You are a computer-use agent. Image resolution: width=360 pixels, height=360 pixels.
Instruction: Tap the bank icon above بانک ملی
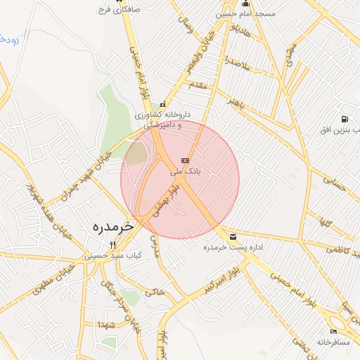[x=185, y=160]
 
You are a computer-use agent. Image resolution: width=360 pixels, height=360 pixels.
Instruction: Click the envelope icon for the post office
[x=233, y=236]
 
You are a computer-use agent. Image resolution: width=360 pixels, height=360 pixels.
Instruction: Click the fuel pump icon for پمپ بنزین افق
[x=344, y=119]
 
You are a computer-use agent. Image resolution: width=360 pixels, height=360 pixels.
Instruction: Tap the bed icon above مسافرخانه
[x=333, y=331]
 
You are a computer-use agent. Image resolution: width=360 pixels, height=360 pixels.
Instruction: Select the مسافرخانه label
[x=333, y=342]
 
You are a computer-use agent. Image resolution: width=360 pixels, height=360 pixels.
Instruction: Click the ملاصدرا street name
[x=236, y=64]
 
